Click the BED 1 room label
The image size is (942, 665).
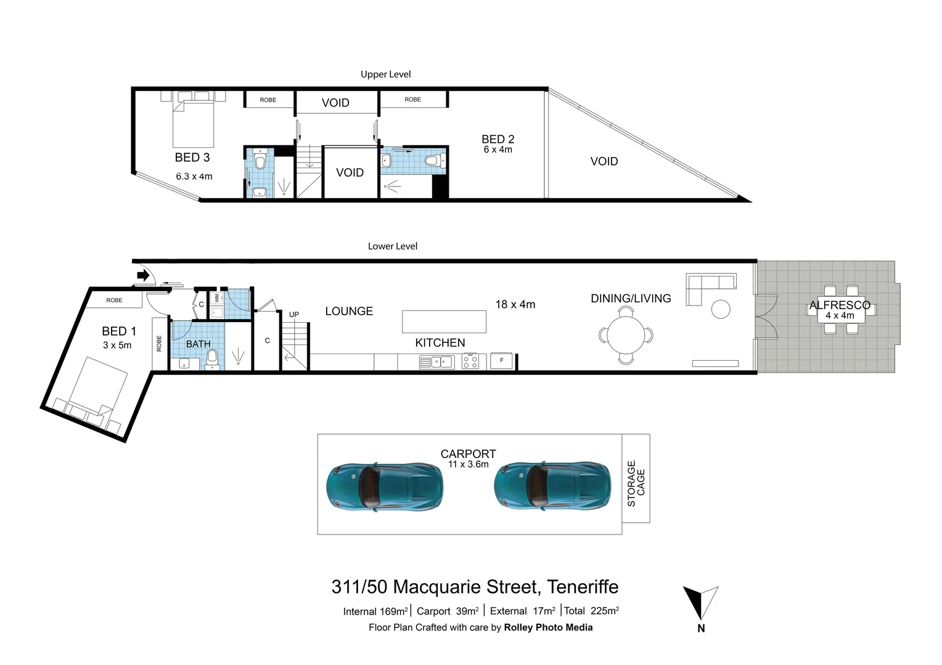(x=118, y=331)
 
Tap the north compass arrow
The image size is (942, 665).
(x=700, y=603)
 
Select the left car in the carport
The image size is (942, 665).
(x=384, y=486)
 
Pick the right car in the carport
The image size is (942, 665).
(x=552, y=486)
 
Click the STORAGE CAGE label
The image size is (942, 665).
(x=636, y=483)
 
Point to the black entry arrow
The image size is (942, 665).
(x=143, y=275)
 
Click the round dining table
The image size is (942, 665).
(x=626, y=336)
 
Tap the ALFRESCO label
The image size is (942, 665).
(x=839, y=305)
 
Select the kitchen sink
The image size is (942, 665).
(x=437, y=363)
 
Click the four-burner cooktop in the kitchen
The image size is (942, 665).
(x=470, y=361)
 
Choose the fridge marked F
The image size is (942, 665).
(x=502, y=361)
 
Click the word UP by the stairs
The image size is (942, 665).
(x=294, y=315)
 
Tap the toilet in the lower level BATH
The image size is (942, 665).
(x=212, y=358)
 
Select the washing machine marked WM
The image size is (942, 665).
(x=216, y=299)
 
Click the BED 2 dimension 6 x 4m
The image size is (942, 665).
(x=498, y=150)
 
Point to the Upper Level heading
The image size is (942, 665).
(x=385, y=75)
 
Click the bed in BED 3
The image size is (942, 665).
(x=193, y=121)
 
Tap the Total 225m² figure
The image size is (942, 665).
(x=591, y=611)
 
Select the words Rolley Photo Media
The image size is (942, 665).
(x=548, y=627)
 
